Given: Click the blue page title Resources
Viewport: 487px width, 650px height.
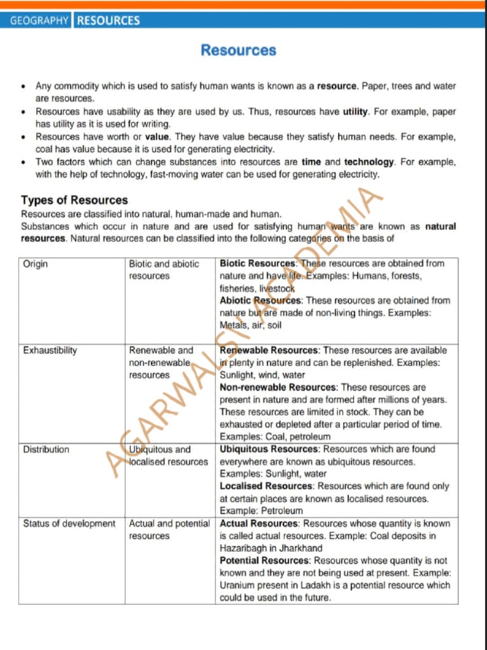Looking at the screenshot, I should (x=238, y=50).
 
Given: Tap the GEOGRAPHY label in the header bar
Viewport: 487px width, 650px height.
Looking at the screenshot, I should (x=39, y=20).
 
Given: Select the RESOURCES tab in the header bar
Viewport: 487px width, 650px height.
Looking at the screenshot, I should (x=108, y=20).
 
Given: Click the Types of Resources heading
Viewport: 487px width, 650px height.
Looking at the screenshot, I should (x=74, y=201).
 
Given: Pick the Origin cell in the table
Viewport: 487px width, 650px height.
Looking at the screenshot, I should (x=36, y=263).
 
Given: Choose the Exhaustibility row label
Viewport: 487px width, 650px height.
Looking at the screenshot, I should (x=50, y=350).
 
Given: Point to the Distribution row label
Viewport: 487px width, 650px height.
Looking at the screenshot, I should (x=46, y=449).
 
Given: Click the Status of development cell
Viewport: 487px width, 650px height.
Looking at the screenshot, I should (x=69, y=524).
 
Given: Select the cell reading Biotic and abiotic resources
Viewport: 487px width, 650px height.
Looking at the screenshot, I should (x=164, y=270).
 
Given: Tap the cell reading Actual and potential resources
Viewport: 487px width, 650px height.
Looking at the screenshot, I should (x=169, y=530).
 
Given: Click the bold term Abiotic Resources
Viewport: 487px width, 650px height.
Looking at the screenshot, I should (x=261, y=300).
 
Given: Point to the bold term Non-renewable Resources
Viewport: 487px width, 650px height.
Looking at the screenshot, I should (x=277, y=387).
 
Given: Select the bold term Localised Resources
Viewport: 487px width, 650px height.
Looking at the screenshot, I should (x=267, y=486).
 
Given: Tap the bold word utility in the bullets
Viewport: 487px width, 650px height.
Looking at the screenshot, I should (x=355, y=112).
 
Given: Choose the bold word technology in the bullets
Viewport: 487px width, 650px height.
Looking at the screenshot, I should (x=369, y=162).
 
